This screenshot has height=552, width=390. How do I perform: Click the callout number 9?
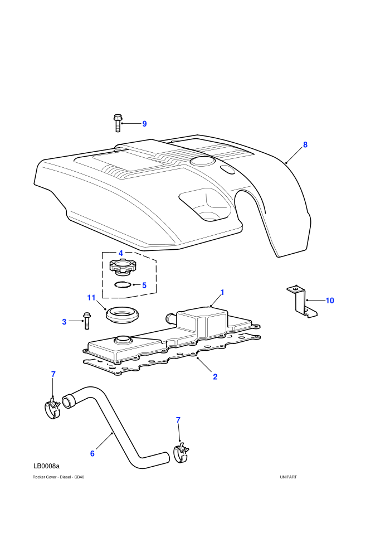pyautogui.click(x=144, y=124)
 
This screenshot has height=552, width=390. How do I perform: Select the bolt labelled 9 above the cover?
pyautogui.click(x=118, y=123)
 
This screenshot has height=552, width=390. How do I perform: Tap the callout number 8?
pyautogui.click(x=305, y=144)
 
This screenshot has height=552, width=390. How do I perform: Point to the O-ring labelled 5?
pyautogui.click(x=123, y=284)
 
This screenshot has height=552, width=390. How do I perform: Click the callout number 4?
pyautogui.click(x=121, y=253)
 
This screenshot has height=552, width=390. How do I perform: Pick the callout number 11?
pyautogui.click(x=91, y=298)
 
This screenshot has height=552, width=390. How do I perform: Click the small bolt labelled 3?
pyautogui.click(x=86, y=321)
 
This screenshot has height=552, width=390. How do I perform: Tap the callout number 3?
pyautogui.click(x=64, y=322)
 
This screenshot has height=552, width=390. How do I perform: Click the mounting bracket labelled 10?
pyautogui.click(x=301, y=301)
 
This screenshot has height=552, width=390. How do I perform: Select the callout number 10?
pyautogui.click(x=329, y=301)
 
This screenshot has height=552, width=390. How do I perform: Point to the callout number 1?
pyautogui.click(x=222, y=293)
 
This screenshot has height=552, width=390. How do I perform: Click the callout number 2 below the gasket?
pyautogui.click(x=215, y=377)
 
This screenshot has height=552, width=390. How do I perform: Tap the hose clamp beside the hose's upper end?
pyautogui.click(x=53, y=408)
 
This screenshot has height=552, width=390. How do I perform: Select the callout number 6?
pyautogui.click(x=92, y=453)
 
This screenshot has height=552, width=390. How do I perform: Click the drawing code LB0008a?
pyautogui.click(x=46, y=466)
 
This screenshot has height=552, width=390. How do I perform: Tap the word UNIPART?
pyautogui.click(x=289, y=477)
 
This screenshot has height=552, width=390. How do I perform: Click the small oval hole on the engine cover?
pyautogui.click(x=228, y=170)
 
